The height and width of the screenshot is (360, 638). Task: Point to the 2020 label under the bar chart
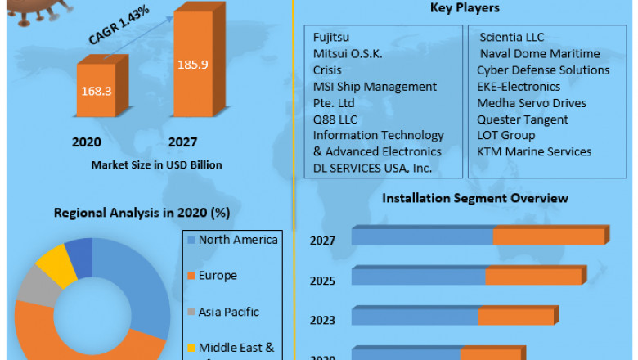point(87,142)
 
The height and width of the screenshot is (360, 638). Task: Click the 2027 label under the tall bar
point(183,142)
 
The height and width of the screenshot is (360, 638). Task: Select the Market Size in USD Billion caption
point(156,164)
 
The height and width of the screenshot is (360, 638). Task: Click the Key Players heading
point(465,8)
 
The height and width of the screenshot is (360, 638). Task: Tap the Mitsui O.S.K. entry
point(348,54)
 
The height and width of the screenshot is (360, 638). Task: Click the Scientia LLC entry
point(511,38)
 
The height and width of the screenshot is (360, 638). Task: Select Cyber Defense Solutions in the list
point(543,70)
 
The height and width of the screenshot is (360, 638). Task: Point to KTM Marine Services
point(534,151)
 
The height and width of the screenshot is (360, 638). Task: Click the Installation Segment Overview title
point(474,198)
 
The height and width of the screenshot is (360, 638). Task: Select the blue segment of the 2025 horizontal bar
point(418,277)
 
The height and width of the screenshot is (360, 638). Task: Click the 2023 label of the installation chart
point(322,320)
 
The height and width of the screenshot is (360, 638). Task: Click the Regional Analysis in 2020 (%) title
point(142,213)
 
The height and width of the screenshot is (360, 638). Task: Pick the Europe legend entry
point(217,276)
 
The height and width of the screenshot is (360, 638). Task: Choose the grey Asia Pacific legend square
point(191,313)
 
